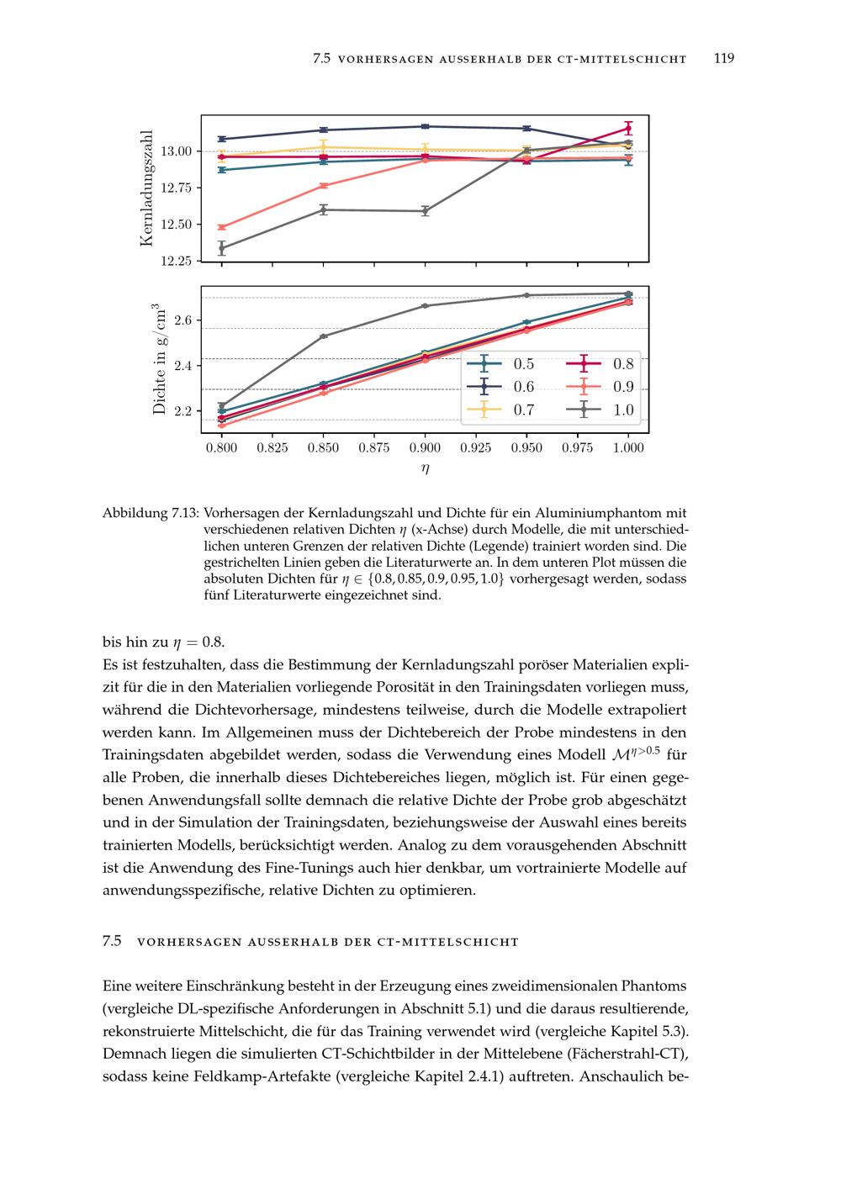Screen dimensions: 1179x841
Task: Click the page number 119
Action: pos(723,58)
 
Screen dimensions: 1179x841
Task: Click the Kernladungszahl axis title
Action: pos(147,188)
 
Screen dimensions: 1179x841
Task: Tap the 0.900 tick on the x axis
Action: pos(425,447)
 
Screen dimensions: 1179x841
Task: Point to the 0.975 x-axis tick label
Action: pos(577,447)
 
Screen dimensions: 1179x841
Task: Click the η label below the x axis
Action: pos(425,469)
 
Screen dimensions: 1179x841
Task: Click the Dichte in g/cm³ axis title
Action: pos(158,360)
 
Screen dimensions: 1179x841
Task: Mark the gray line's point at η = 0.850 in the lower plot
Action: pos(323,336)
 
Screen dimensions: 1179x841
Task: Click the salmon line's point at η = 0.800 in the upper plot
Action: pos(222,227)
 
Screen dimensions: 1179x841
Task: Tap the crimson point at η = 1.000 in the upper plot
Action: pos(628,129)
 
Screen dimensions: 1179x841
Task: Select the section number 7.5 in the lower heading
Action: pos(113,941)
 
